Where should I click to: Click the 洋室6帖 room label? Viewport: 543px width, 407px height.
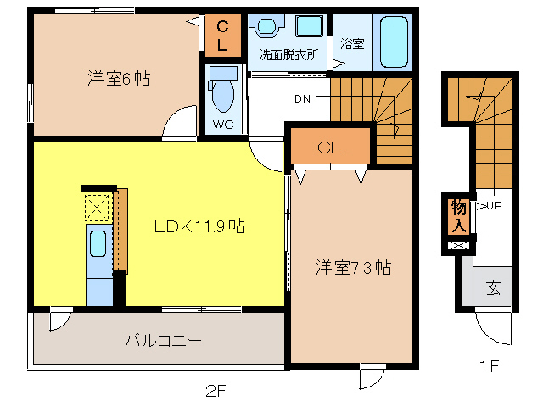coord(118,79)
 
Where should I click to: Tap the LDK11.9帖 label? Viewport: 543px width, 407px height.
coord(199,226)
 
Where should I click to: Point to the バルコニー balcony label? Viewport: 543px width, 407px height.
coord(163,341)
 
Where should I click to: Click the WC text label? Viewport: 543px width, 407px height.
coord(222,124)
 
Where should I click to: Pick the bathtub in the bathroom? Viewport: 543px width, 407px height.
coord(394,42)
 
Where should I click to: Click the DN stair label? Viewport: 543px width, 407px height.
coord(302,99)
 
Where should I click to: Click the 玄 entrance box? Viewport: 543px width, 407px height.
coord(493,287)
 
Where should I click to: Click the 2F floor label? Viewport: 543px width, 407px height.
coord(216,391)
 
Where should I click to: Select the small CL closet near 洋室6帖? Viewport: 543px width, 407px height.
coord(223,34)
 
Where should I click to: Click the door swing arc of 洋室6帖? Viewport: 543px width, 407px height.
coord(177,124)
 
